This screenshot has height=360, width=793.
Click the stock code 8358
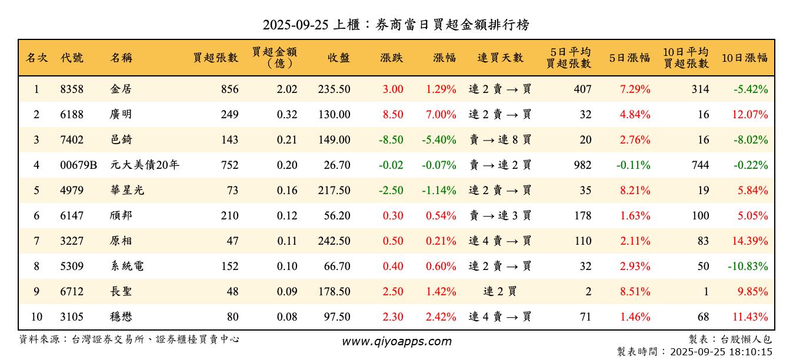[72, 89]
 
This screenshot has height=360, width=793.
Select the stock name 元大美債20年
[144, 165]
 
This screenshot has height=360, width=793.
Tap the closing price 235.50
[334, 89]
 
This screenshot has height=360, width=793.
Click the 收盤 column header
[339, 58]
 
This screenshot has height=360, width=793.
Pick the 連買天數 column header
[500, 58]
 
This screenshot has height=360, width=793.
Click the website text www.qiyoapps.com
[396, 342]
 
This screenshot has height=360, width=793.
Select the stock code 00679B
[78, 165]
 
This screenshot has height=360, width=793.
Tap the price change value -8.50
[391, 140]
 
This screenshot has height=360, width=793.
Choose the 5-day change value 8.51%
[635, 292]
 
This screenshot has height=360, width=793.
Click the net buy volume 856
[230, 89]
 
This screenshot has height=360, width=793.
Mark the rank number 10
[36, 317]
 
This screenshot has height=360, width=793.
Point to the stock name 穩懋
[121, 317]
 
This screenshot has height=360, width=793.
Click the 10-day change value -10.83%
[748, 266]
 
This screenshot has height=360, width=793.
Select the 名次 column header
[36, 58]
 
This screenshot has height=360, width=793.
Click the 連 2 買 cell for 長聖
[500, 292]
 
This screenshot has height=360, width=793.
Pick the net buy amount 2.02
[287, 89]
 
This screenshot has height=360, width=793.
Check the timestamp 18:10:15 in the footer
[751, 352]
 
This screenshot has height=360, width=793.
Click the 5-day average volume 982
[582, 165]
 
